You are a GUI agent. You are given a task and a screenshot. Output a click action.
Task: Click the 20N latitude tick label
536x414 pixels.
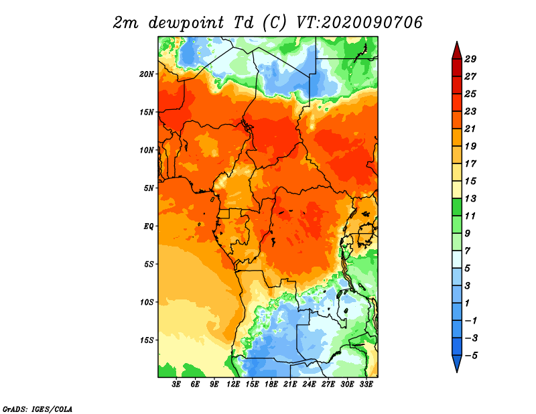(x=147, y=74)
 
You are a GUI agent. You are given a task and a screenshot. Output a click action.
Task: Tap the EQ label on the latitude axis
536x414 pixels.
(x=149, y=226)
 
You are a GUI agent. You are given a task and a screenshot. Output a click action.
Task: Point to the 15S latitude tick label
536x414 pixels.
(x=147, y=340)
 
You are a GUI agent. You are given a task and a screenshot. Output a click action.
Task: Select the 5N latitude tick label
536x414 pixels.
(x=149, y=188)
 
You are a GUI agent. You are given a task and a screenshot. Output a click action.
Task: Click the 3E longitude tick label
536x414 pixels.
(x=176, y=385)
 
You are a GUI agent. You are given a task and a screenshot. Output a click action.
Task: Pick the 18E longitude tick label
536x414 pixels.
(x=271, y=385)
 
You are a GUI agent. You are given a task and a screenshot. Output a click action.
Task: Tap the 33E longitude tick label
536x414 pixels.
(x=366, y=385)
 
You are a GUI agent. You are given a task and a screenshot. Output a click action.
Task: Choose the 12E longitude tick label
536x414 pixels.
(x=233, y=385)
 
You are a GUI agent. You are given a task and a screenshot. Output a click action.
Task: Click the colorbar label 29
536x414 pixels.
(x=470, y=59)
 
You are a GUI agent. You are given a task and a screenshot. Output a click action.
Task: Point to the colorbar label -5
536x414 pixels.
(x=471, y=356)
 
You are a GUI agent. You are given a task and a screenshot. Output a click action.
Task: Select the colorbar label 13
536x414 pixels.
(x=470, y=198)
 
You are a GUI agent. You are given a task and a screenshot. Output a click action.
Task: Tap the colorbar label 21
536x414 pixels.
(x=470, y=129)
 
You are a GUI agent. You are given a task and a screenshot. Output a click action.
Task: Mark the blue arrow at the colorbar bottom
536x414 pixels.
(x=457, y=363)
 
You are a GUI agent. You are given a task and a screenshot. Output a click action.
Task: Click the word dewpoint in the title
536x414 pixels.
(x=186, y=23)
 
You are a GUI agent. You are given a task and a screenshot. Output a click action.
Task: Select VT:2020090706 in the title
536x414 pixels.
(x=359, y=23)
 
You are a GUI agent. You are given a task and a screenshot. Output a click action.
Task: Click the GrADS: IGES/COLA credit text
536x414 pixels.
(x=38, y=409)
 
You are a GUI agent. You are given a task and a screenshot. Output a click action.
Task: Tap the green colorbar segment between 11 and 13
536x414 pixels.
(x=457, y=207)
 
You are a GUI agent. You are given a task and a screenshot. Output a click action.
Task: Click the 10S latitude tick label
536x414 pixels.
(x=147, y=302)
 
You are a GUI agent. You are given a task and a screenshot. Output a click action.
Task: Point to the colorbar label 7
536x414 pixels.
(x=467, y=251)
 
